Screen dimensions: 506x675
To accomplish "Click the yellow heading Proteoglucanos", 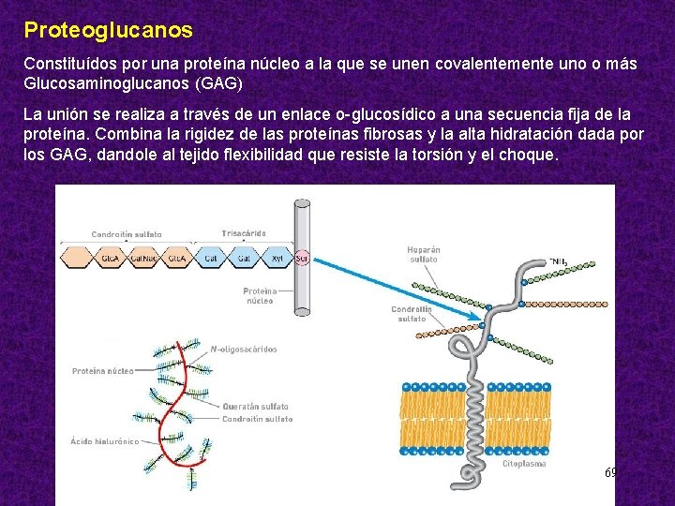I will pos(108,30).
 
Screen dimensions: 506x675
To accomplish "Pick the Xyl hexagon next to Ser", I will pos(277,257).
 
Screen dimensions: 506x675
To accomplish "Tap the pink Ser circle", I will pos(302,257).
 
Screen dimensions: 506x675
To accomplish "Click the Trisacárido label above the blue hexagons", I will pos(243,233).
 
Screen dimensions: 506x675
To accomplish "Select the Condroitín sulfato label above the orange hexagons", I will pos(127,234).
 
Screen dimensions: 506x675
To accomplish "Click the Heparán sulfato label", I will pos(424,254).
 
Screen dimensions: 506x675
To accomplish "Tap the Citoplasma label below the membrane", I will pos(524,464).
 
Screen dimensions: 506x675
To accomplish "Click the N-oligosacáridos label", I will pos(243,350).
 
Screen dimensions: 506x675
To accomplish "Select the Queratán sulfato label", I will pos(255,407).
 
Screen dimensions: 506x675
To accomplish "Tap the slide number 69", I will pos(609,473).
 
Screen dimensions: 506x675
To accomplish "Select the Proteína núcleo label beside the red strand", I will pos(102,372).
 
